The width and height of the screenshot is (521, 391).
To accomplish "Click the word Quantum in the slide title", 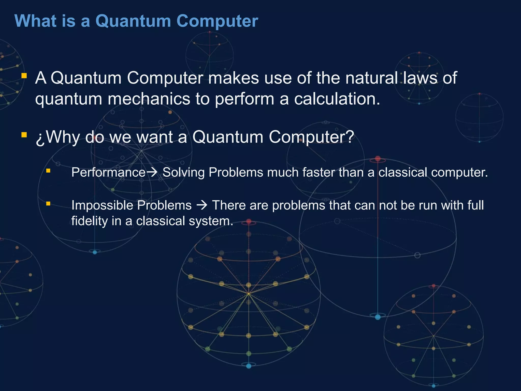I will coord(133,21).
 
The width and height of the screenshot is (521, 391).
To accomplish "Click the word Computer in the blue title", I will coord(217,21).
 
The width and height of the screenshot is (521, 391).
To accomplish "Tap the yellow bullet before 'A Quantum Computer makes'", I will coord(24,76).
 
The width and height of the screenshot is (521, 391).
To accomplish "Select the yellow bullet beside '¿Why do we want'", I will coord(24,135).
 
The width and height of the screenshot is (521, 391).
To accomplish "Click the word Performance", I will coord(108,173).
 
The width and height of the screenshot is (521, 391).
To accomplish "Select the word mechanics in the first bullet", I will coord(149,99).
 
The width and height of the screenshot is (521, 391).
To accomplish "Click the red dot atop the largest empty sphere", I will coord(378,159).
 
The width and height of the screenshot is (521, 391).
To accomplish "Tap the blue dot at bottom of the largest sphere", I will coord(378,317).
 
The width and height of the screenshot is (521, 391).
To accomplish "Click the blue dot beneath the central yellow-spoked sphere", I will coord(249,366).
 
